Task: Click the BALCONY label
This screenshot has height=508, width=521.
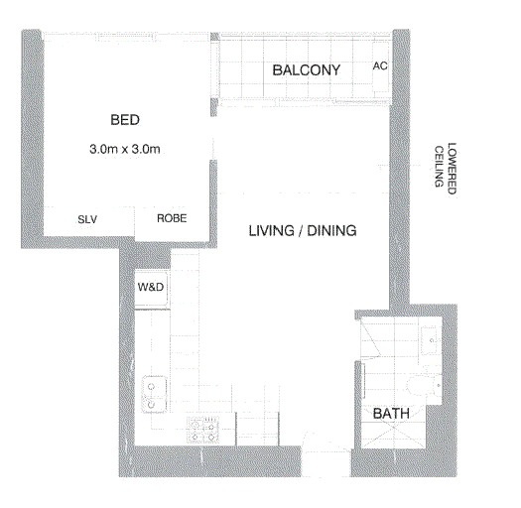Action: tap(306, 70)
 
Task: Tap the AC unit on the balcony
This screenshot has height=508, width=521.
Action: tap(379, 66)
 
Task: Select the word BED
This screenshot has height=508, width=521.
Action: tap(125, 121)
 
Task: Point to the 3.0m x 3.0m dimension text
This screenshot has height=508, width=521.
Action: tap(125, 150)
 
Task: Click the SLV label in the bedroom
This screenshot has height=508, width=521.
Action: tap(87, 219)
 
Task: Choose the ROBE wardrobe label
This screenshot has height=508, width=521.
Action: tap(172, 219)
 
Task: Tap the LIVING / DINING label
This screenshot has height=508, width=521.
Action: tap(302, 231)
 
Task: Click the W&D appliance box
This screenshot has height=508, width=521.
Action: tap(152, 288)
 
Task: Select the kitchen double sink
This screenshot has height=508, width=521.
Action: tap(154, 393)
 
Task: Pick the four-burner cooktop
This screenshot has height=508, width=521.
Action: tap(203, 429)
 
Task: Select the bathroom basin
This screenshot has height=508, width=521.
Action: tap(431, 339)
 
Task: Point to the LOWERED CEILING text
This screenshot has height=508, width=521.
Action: tap(445, 166)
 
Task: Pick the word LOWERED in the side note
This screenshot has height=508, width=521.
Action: tap(452, 166)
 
